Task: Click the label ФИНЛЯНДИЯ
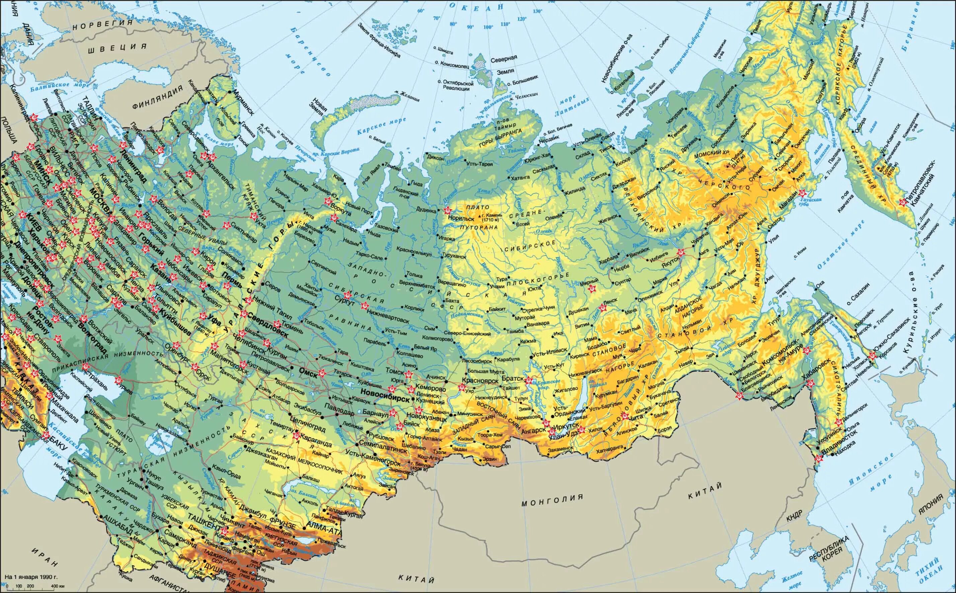(x=157, y=98)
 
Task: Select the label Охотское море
(x=836, y=251)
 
